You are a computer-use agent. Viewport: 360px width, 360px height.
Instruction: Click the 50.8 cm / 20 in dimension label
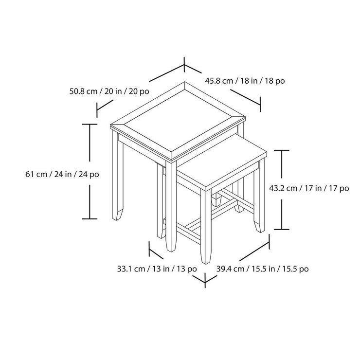pos(109,91)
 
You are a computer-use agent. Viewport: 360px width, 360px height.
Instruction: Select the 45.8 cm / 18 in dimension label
pos(245,81)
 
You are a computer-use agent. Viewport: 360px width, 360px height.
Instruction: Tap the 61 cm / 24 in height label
pos(62,174)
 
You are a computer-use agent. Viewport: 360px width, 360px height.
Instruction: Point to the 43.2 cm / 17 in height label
pos(309,188)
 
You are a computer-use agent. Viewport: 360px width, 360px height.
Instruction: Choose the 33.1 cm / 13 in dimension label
pos(157,269)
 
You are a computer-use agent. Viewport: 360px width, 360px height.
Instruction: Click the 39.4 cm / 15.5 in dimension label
pos(262,269)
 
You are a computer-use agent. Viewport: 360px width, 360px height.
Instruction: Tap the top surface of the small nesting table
pos(221,161)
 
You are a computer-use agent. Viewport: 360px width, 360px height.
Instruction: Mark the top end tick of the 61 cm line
pos(90,124)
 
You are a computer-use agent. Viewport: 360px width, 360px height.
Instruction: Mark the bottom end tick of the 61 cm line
pos(90,219)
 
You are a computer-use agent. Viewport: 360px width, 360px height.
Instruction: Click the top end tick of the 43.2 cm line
pos(282,150)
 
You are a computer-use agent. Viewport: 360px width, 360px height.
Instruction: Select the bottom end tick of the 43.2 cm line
pos(282,229)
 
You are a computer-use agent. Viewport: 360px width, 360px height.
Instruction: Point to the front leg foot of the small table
pos(206,258)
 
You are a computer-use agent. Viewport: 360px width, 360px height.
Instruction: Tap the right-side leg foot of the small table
pos(259,227)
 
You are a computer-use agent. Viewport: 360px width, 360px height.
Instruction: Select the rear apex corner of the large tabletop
pos(184,82)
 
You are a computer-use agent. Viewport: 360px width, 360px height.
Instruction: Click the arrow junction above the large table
pos(184,66)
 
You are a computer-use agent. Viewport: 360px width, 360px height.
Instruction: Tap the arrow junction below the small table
pos(205,281)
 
